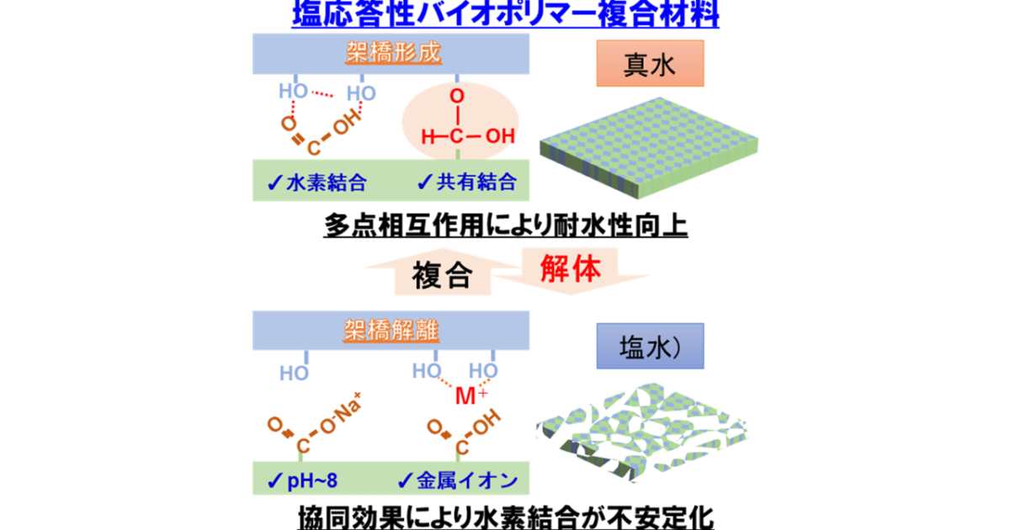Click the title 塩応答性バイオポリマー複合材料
(505, 15)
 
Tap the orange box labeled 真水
(649, 65)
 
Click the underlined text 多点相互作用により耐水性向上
(506, 225)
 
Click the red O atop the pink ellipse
(455, 97)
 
